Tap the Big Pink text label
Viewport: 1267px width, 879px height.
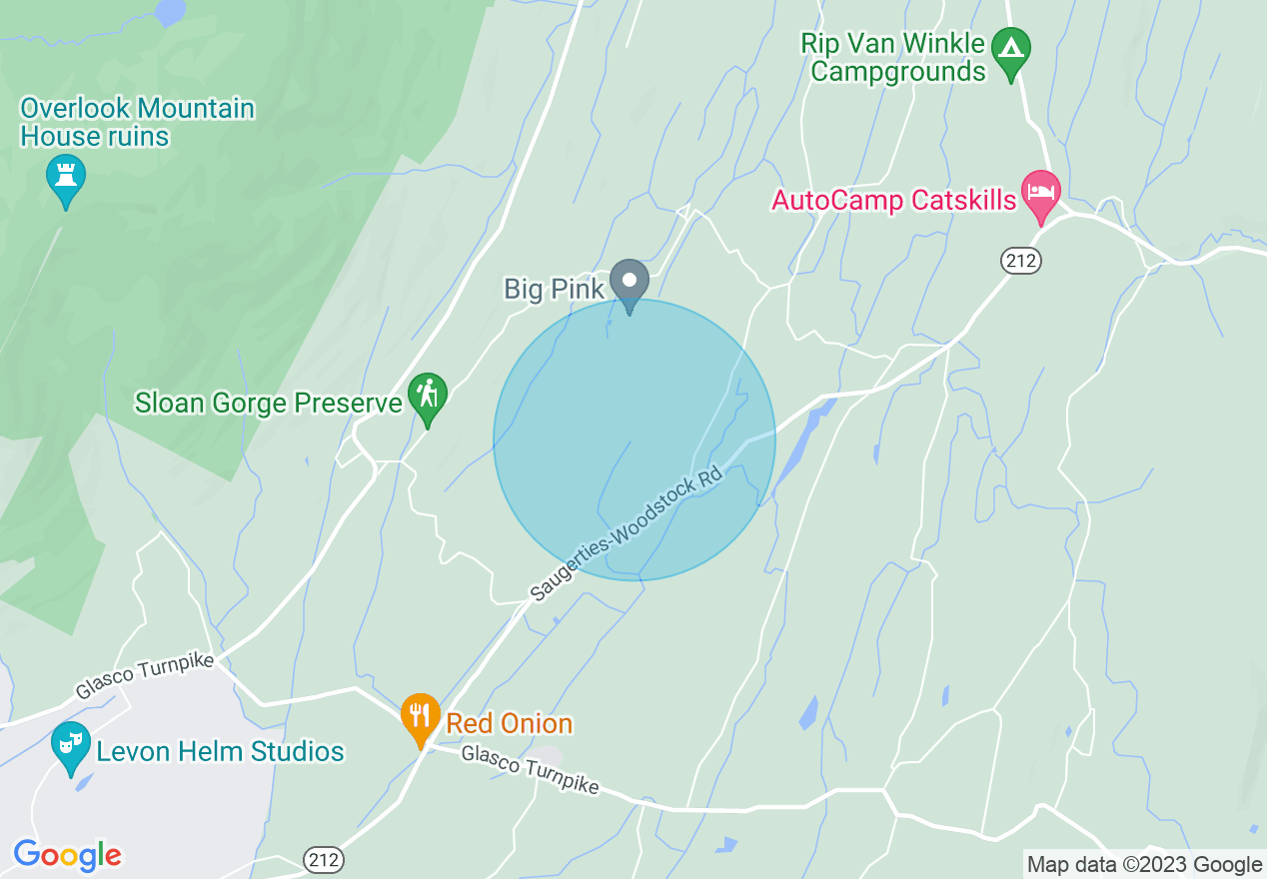pyautogui.click(x=554, y=290)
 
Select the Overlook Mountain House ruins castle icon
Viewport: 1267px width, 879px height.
pyautogui.click(x=66, y=178)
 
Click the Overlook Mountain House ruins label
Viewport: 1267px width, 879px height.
pyautogui.click(x=137, y=122)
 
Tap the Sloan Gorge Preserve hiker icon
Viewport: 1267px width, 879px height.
pyautogui.click(x=428, y=397)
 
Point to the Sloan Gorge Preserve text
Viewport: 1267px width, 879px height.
pyautogui.click(x=269, y=403)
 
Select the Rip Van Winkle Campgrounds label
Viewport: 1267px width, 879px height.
pyautogui.click(x=898, y=58)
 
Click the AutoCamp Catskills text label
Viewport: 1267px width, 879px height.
pyautogui.click(x=893, y=200)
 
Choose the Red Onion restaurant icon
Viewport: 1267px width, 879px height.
pyautogui.click(x=421, y=716)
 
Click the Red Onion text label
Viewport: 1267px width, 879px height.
pyautogui.click(x=509, y=723)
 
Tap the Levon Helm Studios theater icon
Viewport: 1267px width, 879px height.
pyautogui.click(x=70, y=744)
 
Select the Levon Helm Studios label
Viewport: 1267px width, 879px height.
pyautogui.click(x=220, y=751)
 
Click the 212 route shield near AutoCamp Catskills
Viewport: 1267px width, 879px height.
pyautogui.click(x=1021, y=262)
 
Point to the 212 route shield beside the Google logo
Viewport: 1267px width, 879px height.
pyautogui.click(x=323, y=859)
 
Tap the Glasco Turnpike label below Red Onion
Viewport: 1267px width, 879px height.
pyautogui.click(x=530, y=771)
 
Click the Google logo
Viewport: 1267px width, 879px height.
pyautogui.click(x=67, y=855)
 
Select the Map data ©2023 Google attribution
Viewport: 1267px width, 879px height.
pyautogui.click(x=1144, y=864)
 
